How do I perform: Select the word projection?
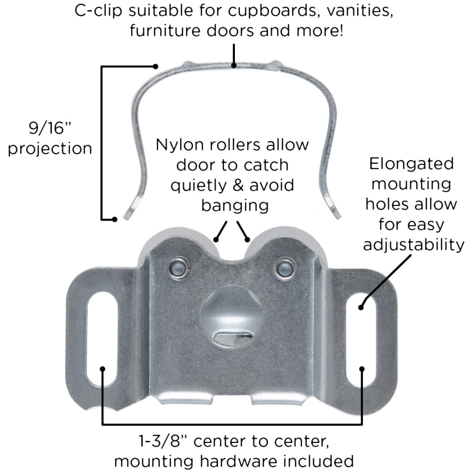pyautogui.click(x=50, y=148)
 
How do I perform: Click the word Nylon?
pyautogui.click(x=179, y=145)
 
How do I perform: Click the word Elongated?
pyautogui.click(x=411, y=164)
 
